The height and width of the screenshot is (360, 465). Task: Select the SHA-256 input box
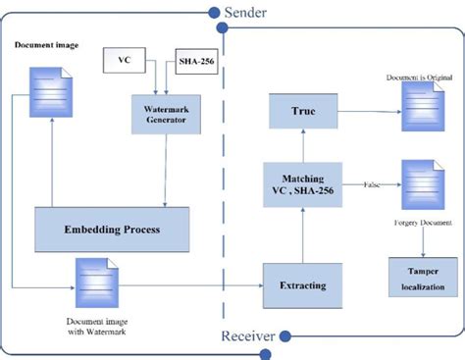coord(195,63)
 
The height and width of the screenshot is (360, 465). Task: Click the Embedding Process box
coord(111,231)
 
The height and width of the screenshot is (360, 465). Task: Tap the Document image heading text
coord(46,47)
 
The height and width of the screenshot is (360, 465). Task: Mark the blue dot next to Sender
coord(212,12)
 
